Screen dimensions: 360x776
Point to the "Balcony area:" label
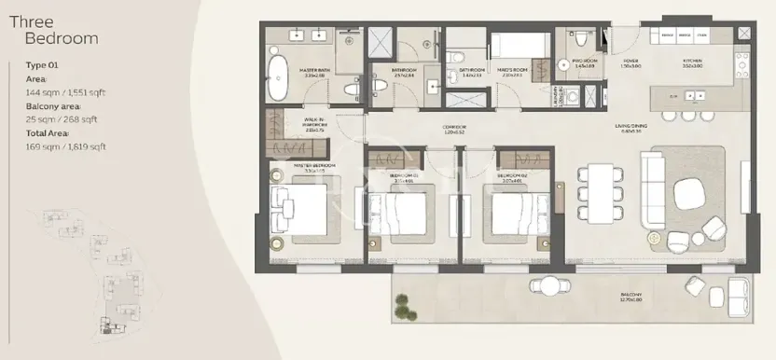tap(55, 106)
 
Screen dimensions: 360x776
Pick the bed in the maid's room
tap(513, 46)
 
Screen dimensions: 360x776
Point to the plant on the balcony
tap(402, 305)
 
